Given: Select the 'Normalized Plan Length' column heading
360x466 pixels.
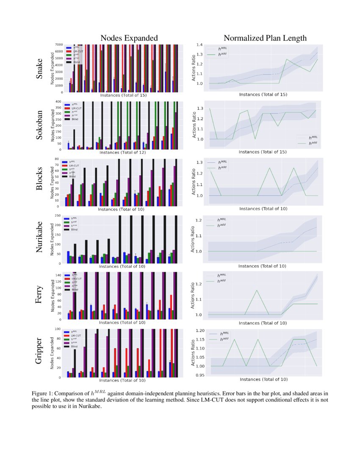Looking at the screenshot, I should (265, 38).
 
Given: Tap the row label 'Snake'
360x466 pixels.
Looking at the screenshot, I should (39, 70).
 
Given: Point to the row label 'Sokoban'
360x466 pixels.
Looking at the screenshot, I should (39, 125).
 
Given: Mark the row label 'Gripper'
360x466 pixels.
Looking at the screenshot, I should (39, 352).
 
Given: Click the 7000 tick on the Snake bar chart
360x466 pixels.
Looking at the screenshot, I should (59, 45).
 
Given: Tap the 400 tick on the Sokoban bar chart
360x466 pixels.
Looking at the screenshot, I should (60, 102).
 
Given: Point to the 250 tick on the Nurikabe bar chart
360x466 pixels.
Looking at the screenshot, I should (60, 216).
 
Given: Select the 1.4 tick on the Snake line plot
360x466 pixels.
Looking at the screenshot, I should (199, 45).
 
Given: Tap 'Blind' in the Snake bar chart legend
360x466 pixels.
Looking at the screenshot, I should (77, 62).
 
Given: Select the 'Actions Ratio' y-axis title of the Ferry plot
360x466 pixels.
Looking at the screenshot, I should (194, 297).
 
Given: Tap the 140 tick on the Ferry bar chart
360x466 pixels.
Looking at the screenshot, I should (60, 275).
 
